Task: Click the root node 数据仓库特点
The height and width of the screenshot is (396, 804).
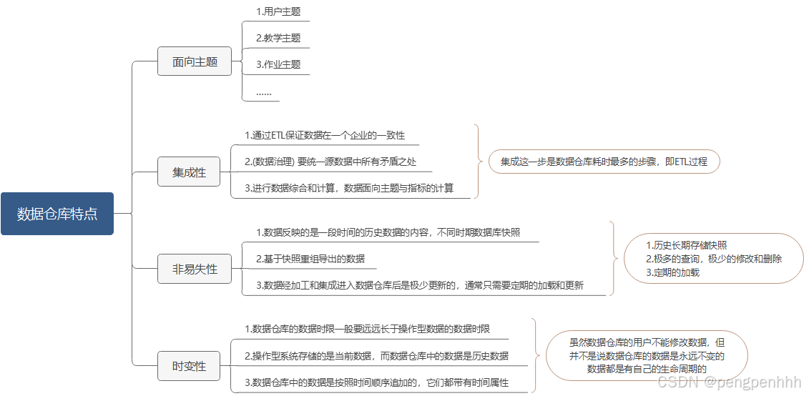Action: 57,214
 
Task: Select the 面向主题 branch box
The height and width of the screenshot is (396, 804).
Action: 195,61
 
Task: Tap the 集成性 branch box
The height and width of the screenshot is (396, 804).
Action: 189,172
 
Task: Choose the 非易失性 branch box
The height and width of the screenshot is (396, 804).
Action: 195,269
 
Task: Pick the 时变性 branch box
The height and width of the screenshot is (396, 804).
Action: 189,366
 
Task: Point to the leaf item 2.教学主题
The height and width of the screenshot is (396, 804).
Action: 278,38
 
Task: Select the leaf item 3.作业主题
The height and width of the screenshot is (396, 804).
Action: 278,64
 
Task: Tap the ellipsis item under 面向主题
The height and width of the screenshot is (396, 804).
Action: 264,91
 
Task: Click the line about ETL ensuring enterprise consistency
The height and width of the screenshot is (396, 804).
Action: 325,135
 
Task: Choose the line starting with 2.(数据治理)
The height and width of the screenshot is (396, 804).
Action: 330,162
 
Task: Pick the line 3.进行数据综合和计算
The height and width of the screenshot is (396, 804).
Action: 349,189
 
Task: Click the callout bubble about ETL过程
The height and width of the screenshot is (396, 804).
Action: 604,162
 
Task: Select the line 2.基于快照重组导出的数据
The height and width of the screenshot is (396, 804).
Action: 310,259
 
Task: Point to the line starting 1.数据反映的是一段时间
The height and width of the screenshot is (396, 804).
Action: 388,232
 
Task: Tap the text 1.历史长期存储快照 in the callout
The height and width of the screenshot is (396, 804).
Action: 686,245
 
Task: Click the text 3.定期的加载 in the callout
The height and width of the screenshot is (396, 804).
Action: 672,272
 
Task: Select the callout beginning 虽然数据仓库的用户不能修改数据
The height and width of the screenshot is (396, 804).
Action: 647,355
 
